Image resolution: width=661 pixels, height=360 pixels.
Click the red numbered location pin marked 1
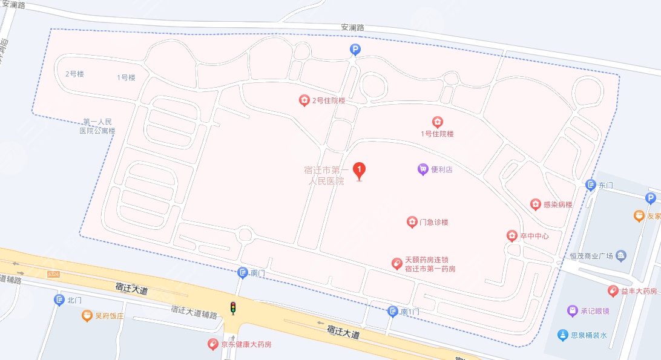click(x=360, y=169)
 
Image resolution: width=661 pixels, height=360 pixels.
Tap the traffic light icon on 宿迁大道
click(x=232, y=308)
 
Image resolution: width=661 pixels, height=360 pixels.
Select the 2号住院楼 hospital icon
click(x=304, y=100)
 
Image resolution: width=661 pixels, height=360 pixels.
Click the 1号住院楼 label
click(x=437, y=134)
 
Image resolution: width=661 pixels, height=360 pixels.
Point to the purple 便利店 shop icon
click(x=423, y=169)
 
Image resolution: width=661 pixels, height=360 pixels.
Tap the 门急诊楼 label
click(x=433, y=223)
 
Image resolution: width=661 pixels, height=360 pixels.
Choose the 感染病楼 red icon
click(x=535, y=205)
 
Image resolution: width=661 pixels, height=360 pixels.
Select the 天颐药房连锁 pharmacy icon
click(x=396, y=263)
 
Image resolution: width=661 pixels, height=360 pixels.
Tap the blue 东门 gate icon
click(x=591, y=185)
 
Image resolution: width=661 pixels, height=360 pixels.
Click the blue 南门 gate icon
click(x=243, y=273)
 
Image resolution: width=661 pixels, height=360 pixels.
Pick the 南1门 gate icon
click(x=393, y=311)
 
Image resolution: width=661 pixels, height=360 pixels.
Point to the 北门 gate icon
click(x=59, y=300)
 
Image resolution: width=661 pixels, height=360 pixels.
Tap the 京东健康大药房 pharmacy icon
click(x=212, y=344)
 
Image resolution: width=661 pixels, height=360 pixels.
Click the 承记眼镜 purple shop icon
click(x=572, y=311)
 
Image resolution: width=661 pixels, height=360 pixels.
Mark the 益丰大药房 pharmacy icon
click(x=613, y=292)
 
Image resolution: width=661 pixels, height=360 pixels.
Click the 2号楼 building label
click(x=74, y=74)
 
